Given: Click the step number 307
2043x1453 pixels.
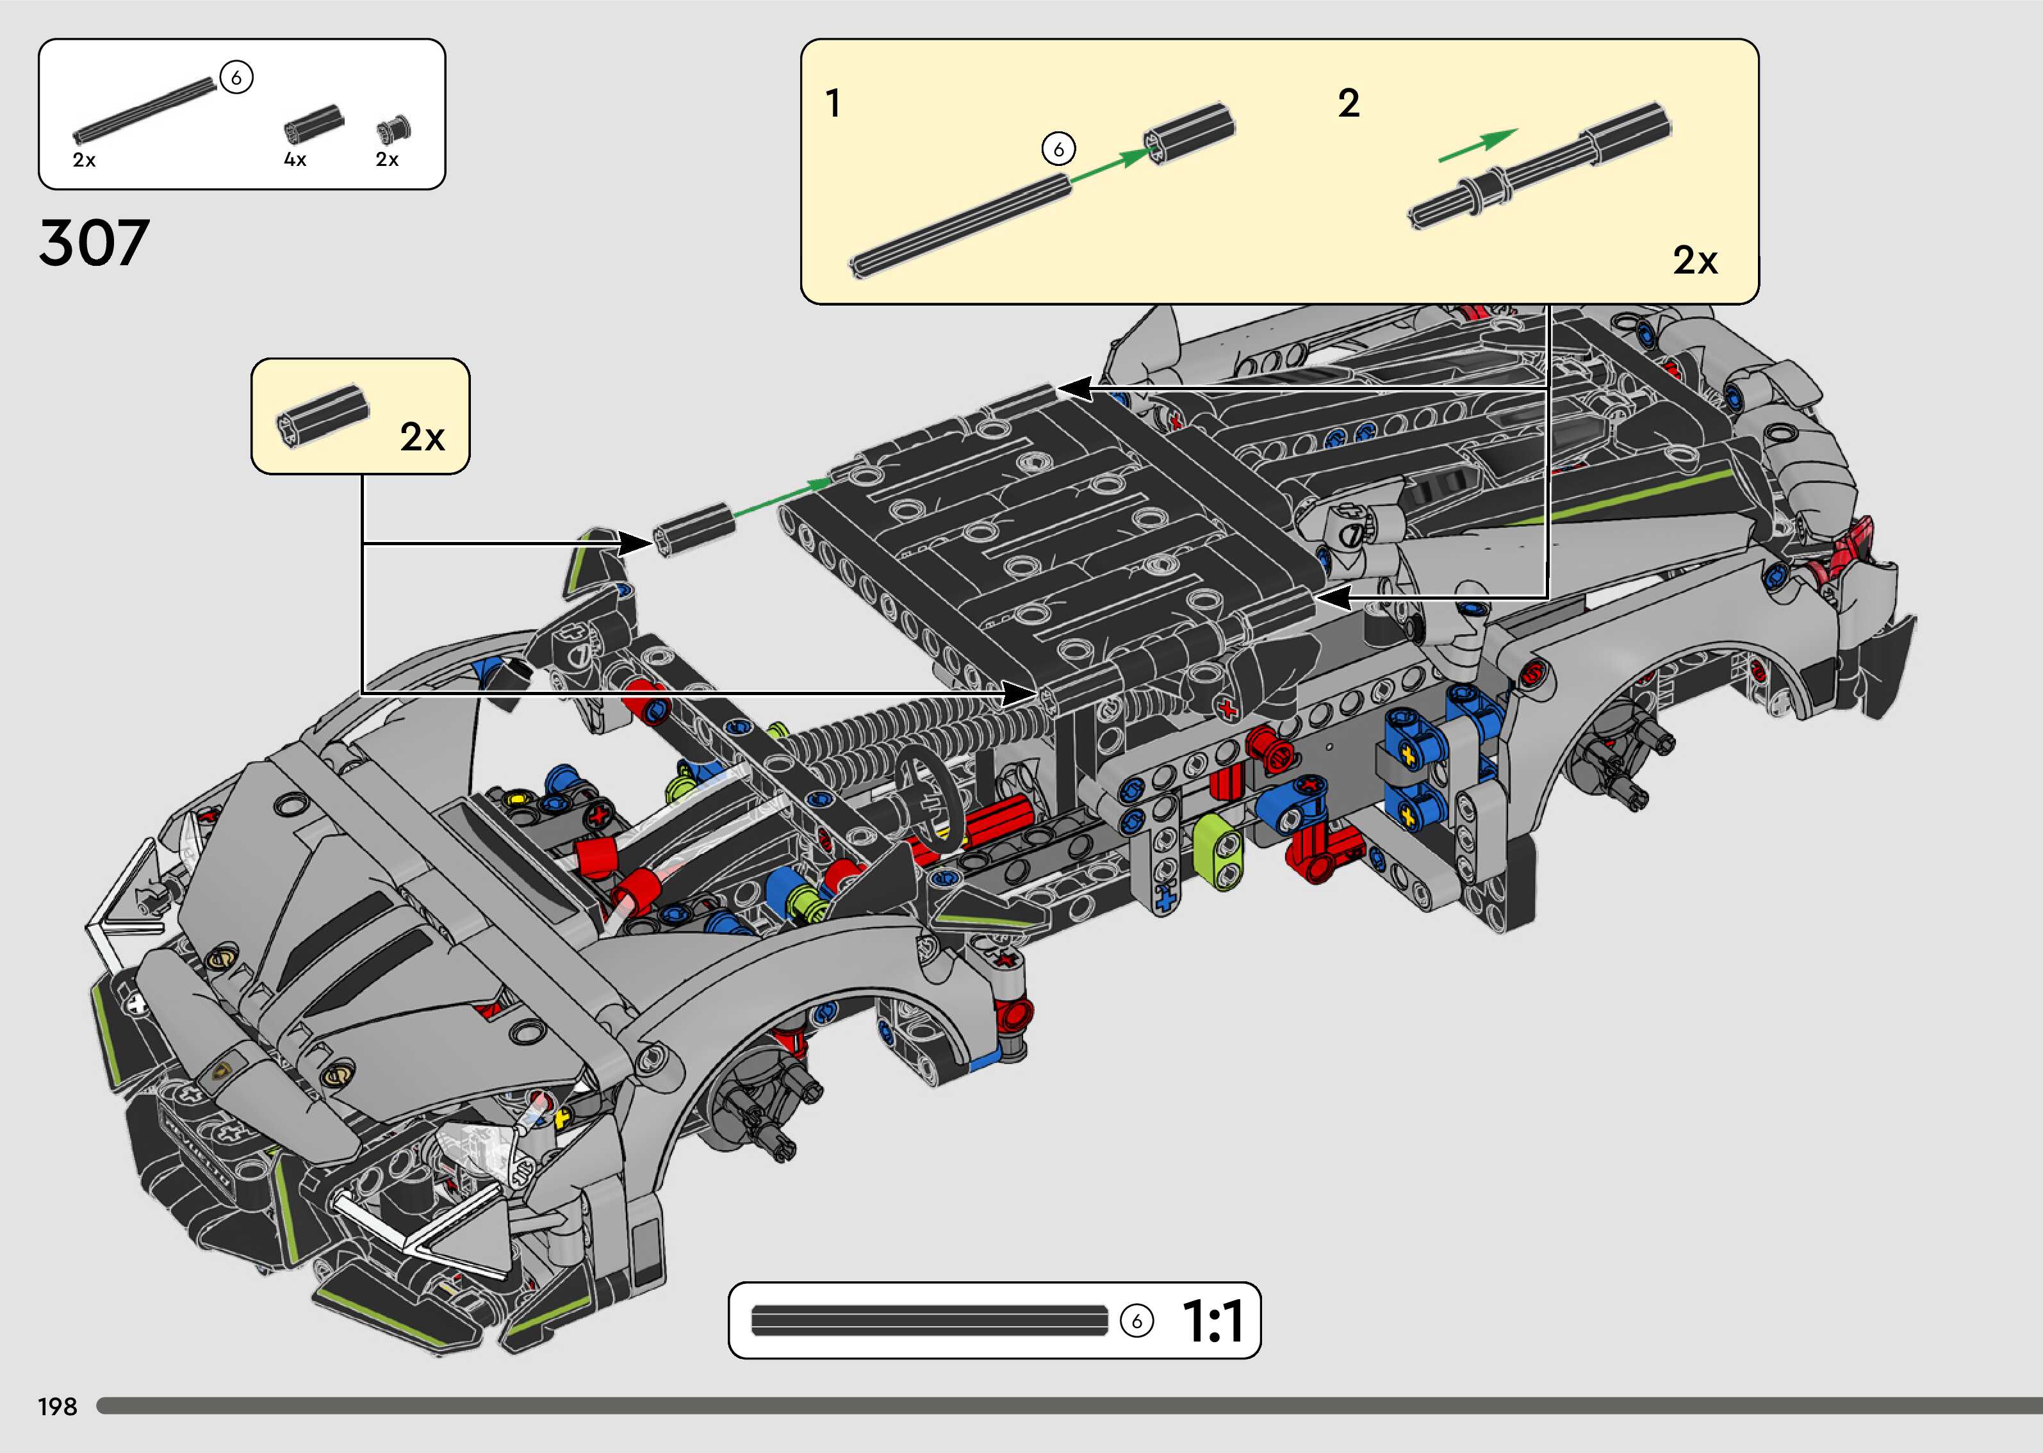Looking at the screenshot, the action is pyautogui.click(x=94, y=243).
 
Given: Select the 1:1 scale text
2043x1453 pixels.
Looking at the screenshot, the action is pyautogui.click(x=1212, y=1322).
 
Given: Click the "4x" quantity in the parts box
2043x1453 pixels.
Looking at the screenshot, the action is pyautogui.click(x=295, y=160).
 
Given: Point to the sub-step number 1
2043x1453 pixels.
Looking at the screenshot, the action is pyautogui.click(x=833, y=104).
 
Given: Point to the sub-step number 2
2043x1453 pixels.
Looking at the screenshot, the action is pyautogui.click(x=1348, y=104).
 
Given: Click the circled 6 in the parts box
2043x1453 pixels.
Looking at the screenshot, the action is pyautogui.click(x=236, y=78).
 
